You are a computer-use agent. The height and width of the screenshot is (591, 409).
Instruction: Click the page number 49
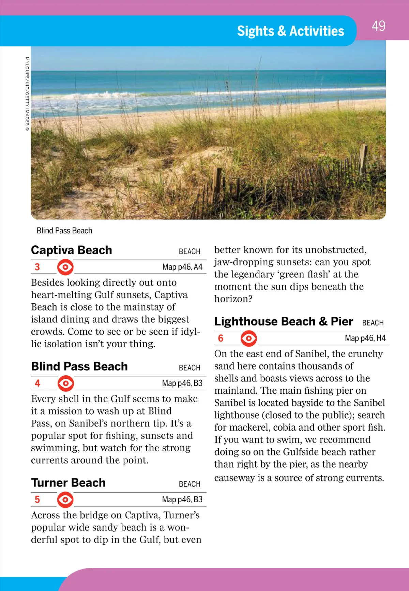coord(378,26)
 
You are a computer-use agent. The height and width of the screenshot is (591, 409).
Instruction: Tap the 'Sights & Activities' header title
coord(290,31)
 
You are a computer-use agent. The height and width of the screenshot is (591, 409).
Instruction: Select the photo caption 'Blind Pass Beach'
coord(64,231)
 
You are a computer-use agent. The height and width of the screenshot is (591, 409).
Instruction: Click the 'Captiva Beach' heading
coord(72,250)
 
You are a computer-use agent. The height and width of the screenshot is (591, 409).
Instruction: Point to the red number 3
coord(37,267)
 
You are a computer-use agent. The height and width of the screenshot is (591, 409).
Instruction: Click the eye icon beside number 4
coord(65,383)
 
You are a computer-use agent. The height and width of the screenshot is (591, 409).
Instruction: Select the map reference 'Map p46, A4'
coord(182,267)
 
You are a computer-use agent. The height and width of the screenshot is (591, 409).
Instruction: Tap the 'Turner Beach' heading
coord(69,483)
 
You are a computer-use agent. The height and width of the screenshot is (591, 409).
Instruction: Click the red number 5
coord(37,500)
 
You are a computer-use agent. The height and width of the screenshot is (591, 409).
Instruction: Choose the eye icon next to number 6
coord(249,338)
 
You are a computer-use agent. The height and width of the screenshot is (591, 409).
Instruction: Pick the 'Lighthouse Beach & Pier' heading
coord(284,321)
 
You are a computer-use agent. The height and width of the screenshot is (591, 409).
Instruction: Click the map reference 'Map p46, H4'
coord(365,338)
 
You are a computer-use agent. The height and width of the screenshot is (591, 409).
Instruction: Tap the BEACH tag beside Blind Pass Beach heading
coord(190,368)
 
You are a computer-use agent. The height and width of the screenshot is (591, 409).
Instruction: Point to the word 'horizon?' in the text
coord(233,299)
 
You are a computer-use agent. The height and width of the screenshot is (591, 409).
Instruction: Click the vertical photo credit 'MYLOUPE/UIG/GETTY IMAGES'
coord(27,94)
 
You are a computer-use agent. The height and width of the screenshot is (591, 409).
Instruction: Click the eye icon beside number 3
coord(65,267)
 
